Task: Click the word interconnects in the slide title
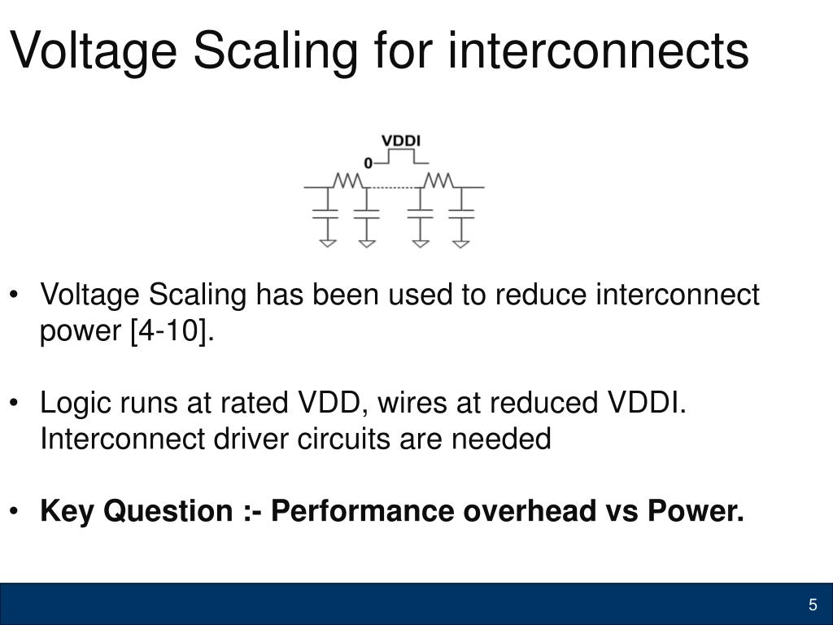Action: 598,50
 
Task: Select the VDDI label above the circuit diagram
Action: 401,141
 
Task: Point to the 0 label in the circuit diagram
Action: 369,164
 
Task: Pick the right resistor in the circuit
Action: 440,181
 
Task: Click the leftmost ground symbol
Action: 327,242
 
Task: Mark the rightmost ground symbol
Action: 461,242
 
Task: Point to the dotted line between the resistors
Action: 395,188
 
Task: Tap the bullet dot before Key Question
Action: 17,512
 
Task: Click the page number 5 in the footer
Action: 812,605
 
